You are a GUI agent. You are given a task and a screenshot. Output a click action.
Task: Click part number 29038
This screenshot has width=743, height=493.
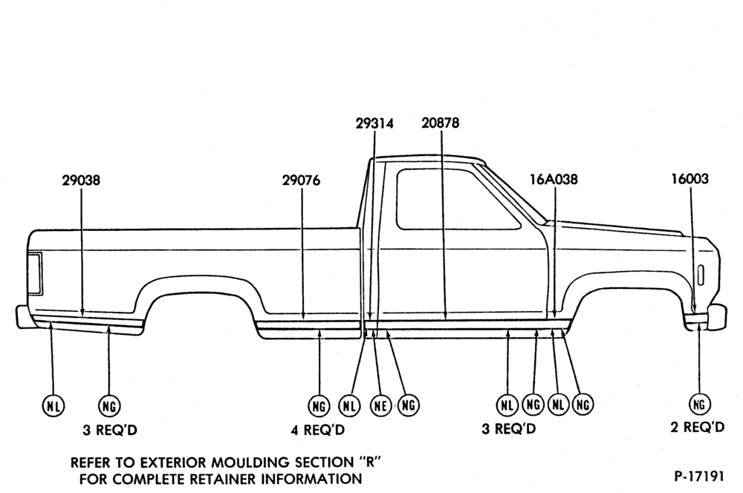click(x=81, y=180)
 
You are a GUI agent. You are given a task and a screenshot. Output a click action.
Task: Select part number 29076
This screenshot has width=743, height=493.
click(x=301, y=180)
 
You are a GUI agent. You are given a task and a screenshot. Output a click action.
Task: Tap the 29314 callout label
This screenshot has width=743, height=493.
click(x=374, y=123)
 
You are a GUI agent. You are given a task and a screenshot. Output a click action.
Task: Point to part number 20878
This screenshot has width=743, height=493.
click(x=440, y=123)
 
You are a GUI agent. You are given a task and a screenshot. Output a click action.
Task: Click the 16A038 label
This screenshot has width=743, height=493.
click(x=554, y=180)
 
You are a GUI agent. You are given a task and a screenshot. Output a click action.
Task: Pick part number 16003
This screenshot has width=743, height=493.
click(x=690, y=179)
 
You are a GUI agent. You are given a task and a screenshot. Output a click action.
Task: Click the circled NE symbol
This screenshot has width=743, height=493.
click(x=380, y=406)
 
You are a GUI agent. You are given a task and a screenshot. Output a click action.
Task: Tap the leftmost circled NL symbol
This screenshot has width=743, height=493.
click(x=53, y=406)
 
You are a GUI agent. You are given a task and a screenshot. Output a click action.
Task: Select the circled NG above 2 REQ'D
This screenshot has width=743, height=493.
click(x=699, y=404)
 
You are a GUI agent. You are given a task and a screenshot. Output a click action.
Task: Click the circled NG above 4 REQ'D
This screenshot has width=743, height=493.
click(x=319, y=406)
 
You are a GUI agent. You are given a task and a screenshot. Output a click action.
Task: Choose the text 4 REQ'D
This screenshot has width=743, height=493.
click(x=317, y=430)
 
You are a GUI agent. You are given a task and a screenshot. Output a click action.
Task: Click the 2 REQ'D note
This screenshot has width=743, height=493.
click(x=698, y=427)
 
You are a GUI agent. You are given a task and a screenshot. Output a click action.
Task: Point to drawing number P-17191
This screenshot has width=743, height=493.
click(x=699, y=476)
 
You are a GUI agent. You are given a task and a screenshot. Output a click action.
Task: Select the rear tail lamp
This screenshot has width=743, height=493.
click(x=35, y=274)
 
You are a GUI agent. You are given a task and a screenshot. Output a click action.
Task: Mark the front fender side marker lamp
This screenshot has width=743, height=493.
click(x=701, y=275)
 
